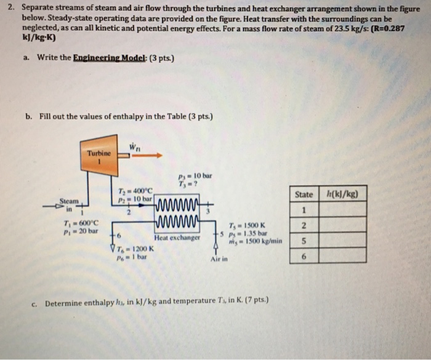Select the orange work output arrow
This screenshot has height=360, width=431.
click(147, 156)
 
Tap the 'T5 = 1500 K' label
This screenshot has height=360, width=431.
click(247, 225)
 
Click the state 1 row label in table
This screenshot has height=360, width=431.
click(304, 211)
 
